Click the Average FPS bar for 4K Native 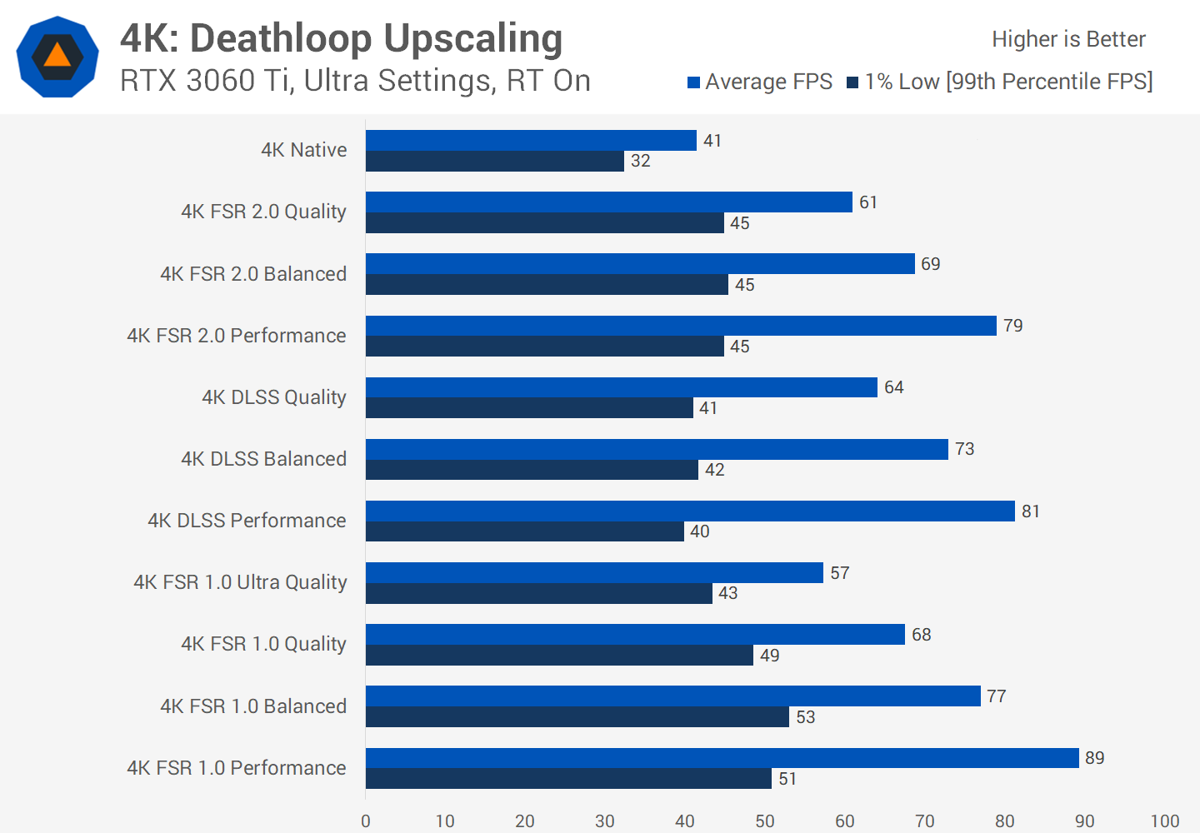531,140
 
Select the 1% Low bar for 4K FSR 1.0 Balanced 577,716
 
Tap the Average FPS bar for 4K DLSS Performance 690,511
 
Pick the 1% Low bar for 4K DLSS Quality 529,407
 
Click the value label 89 1094,758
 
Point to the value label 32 640,161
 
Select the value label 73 964,449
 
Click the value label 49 769,656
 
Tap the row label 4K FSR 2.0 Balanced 252,274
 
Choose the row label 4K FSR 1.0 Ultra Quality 240,582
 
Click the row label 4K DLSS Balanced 263,459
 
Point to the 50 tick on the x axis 764,821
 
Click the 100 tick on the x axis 1164,821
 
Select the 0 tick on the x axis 366,821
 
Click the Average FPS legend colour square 693,82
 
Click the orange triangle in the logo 57,56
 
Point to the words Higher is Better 1068,39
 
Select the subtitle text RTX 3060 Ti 207,81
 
